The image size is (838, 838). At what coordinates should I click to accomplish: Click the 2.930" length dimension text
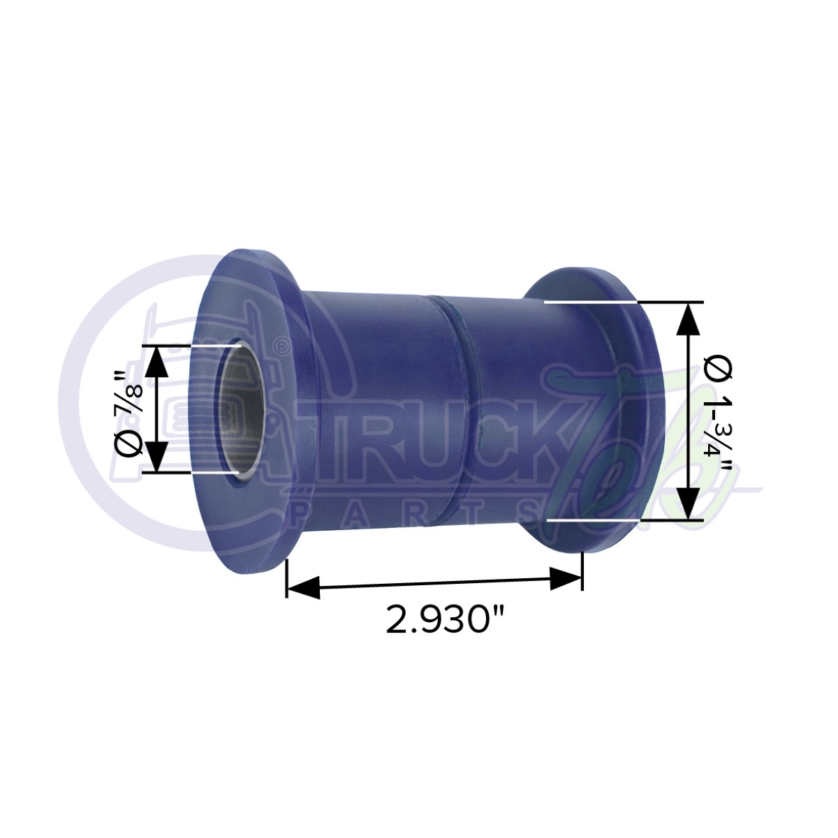click(446, 619)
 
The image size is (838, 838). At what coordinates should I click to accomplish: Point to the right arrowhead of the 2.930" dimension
click(566, 579)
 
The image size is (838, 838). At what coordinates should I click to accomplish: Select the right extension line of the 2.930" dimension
click(582, 569)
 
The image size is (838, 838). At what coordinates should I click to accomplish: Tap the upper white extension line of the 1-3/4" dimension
click(590, 302)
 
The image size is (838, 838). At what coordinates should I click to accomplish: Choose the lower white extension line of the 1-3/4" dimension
click(594, 520)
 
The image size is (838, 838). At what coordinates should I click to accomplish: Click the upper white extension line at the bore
click(213, 344)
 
